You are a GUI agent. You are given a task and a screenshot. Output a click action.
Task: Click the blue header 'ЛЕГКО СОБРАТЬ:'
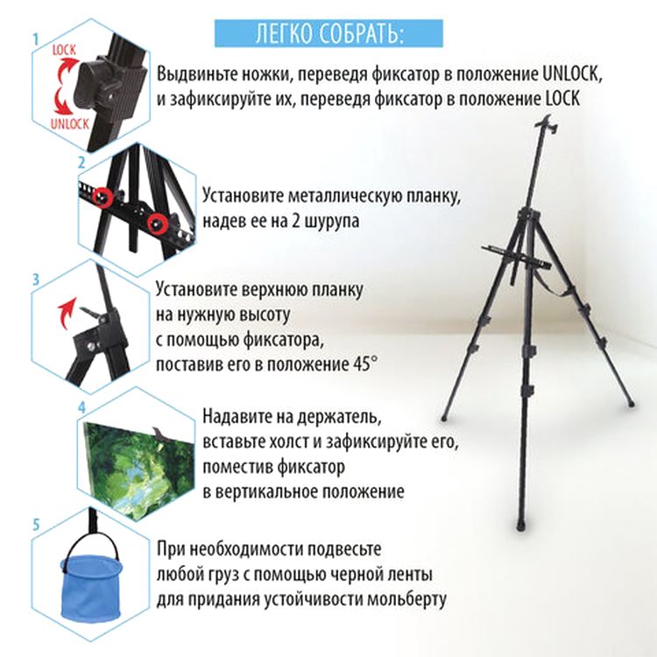tap(328, 32)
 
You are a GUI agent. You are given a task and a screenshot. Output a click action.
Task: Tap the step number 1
tap(36, 39)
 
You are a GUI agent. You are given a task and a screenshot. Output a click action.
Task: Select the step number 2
tap(81, 162)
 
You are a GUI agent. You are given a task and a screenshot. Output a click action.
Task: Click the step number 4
tap(81, 407)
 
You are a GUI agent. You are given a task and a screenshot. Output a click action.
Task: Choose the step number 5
tap(36, 525)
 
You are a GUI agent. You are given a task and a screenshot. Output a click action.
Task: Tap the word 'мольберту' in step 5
tap(406, 600)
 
